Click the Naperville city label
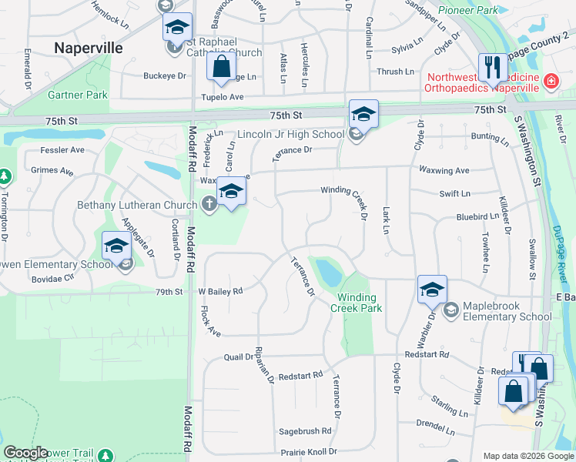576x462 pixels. coord(88,48)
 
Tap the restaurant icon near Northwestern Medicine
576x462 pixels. coord(491,68)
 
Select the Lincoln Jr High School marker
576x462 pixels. coord(363,115)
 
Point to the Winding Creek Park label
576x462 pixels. coord(357,303)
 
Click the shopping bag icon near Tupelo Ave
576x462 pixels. coord(222,67)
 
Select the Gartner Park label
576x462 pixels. coord(77,95)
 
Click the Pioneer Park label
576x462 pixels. coord(467,11)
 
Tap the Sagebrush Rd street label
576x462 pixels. coord(305,431)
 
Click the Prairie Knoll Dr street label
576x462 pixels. coord(308,451)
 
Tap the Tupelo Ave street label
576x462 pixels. coord(222,97)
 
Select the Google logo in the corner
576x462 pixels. coord(25,454)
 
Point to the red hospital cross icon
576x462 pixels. coord(551,81)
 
